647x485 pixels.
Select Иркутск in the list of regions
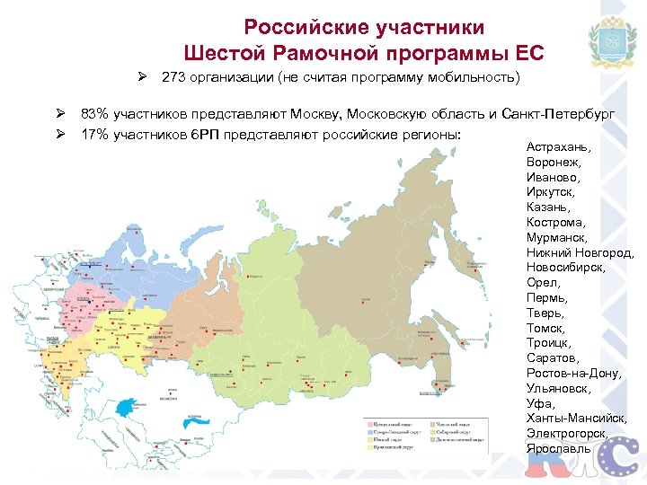coord(551,192)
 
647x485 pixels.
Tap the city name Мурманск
coord(557,237)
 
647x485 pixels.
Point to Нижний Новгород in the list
coord(581,252)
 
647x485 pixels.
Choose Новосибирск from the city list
coord(565,268)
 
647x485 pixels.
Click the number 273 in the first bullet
coord(173,77)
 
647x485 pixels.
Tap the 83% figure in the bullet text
coord(93,115)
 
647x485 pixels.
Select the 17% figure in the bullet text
coord(93,134)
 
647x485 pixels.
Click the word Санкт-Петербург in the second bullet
coord(563,115)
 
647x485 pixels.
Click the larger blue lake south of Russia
coord(192,419)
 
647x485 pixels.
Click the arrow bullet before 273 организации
coord(143,77)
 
